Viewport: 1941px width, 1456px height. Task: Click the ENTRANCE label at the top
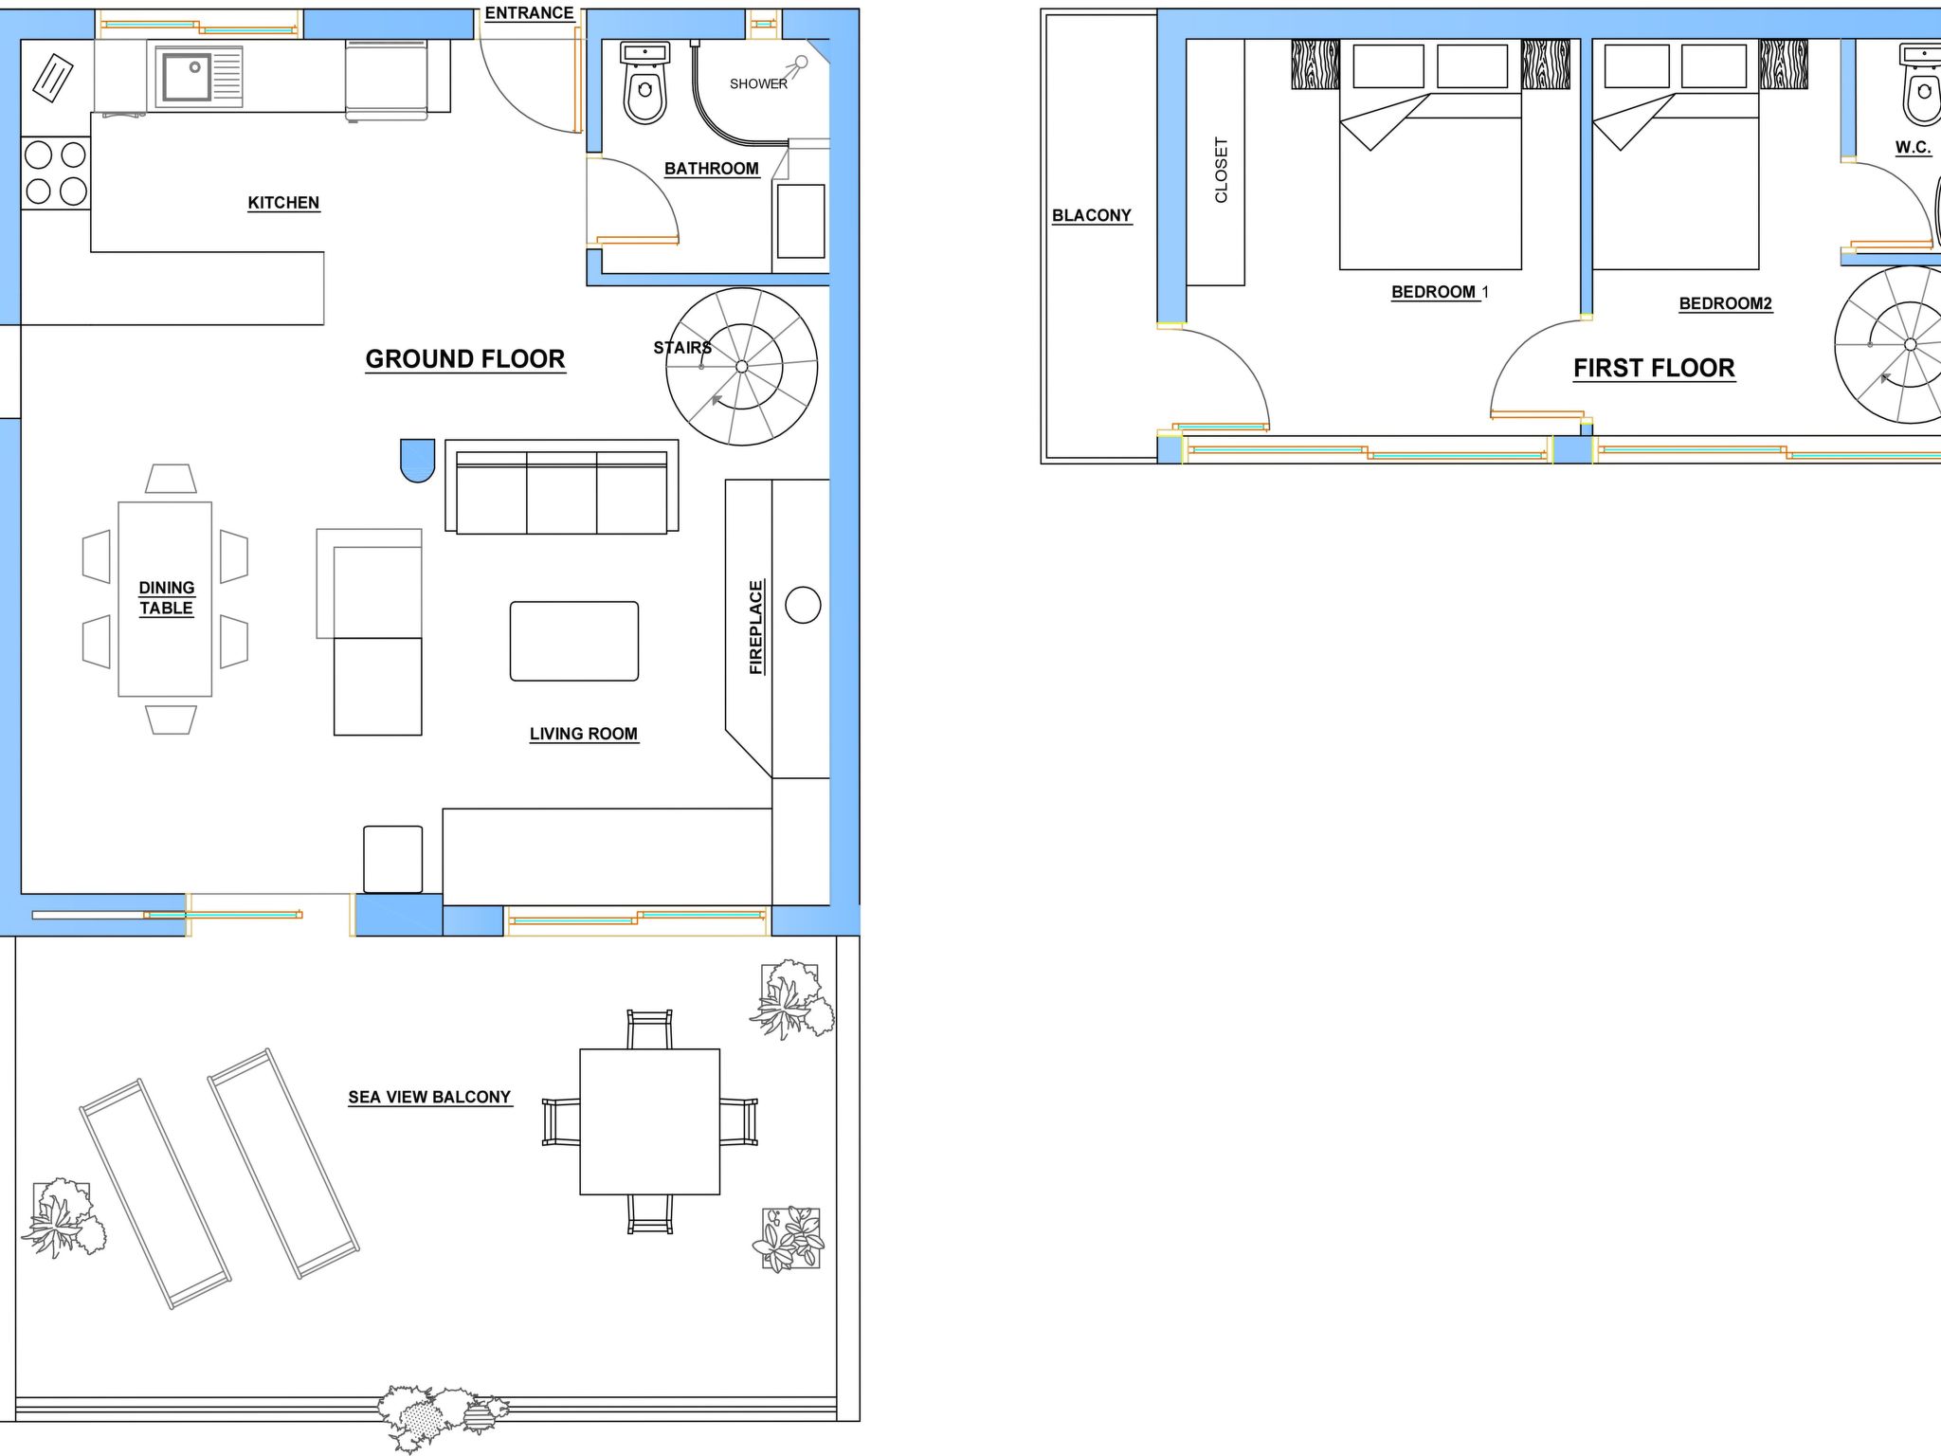tap(529, 13)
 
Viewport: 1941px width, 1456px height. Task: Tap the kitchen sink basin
tap(187, 77)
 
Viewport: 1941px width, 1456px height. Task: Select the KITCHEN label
tap(283, 203)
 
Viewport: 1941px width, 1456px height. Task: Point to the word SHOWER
tap(758, 84)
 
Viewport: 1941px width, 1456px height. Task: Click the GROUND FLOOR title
tap(465, 359)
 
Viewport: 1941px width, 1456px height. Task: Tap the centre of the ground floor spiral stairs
tap(742, 367)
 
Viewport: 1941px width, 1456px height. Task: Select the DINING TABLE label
tap(167, 598)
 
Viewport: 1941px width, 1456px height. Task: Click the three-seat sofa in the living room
tap(562, 486)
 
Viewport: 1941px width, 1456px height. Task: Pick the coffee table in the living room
tap(574, 641)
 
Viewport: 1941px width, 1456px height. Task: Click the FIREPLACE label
tap(756, 628)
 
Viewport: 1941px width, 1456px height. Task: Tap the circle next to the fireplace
tap(803, 605)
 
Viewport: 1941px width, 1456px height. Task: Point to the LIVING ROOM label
tap(584, 734)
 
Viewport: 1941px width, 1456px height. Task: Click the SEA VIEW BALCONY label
tap(429, 1098)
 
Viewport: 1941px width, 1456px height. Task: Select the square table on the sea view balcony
tap(650, 1121)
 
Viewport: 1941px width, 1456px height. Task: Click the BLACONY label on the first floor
tap(1092, 215)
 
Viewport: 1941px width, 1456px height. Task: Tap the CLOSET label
tap(1221, 171)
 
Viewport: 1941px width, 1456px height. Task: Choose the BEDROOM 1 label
tap(1440, 292)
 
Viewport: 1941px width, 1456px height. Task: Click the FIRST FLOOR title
tap(1654, 368)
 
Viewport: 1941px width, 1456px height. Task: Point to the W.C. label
tap(1913, 148)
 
